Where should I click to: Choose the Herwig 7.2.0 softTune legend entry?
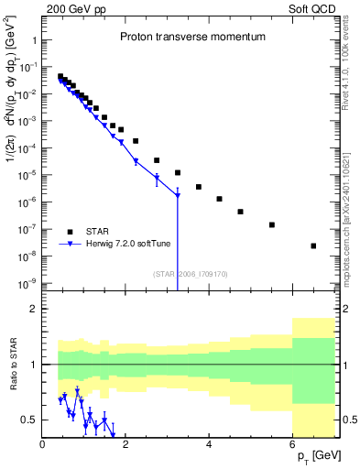(x=119, y=244)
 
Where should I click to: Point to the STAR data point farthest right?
(x=313, y=245)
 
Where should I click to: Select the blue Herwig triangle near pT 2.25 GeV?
(x=136, y=162)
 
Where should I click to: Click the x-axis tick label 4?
(x=210, y=444)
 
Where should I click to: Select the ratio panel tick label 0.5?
(x=28, y=420)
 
